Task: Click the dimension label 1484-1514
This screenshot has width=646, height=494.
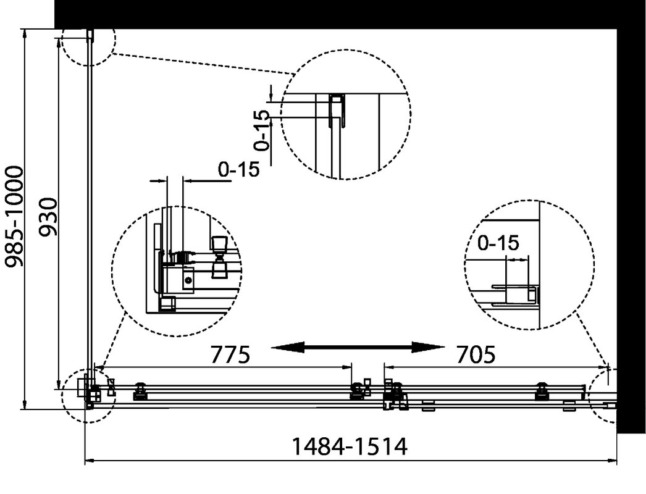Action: pos(350,446)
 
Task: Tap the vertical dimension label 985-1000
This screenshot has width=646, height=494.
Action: pos(15,217)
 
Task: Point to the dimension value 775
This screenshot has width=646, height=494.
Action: pos(230,354)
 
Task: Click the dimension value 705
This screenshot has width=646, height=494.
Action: pos(476,354)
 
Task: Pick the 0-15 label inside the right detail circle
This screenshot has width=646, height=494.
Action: pos(498,243)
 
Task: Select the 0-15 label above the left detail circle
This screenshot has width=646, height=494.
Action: pos(239,169)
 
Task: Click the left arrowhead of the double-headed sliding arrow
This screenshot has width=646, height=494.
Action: pos(288,348)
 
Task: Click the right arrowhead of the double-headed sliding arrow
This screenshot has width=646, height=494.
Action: pos(429,348)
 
